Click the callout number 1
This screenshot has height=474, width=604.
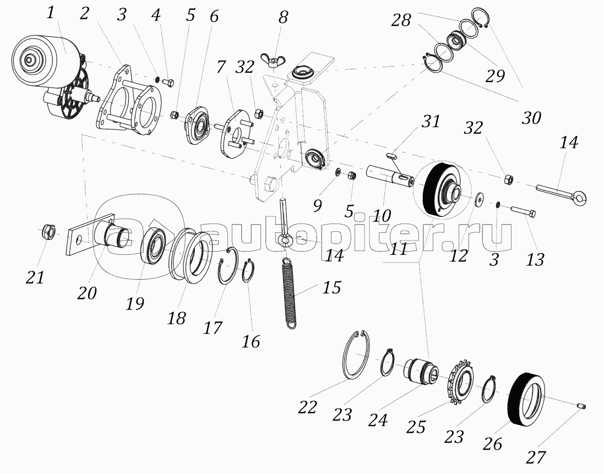tap(51, 13)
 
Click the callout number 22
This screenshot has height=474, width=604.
tap(308, 408)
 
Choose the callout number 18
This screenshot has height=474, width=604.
tap(177, 318)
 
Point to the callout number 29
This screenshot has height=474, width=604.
tap(495, 75)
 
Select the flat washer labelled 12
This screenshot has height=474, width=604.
tap(480, 198)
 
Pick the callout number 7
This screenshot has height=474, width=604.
tap(221, 68)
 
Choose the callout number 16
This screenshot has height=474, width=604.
tap(251, 341)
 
